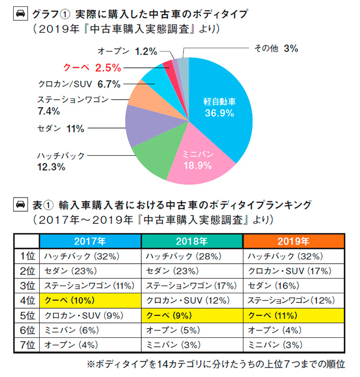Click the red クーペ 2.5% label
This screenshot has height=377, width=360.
93,67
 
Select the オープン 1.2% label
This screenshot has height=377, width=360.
128,51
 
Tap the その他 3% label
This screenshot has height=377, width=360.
283,49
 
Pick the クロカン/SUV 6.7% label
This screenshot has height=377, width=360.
80,84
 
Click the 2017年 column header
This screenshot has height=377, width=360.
90,241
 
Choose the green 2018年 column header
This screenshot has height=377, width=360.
192,241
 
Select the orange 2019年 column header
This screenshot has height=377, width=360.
293,241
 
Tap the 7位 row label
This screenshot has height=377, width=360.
26,345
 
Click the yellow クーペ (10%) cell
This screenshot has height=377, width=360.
91,300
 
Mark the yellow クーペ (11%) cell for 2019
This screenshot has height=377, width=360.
293,315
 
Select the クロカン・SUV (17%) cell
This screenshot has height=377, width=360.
293,271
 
